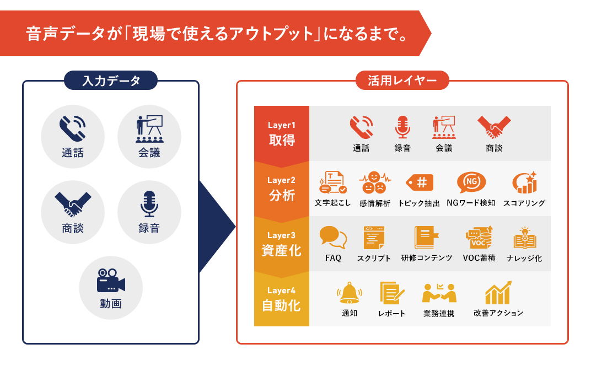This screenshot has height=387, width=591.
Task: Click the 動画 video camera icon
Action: click(111, 281)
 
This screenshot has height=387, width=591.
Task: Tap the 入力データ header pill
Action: click(111, 80)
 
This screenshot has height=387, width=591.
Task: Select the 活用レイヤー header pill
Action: click(402, 80)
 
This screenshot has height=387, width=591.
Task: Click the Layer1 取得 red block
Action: click(281, 133)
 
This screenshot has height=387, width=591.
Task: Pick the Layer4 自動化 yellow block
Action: click(281, 299)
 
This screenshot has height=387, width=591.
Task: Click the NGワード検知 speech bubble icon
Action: click(471, 182)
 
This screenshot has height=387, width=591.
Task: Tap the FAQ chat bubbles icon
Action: click(333, 238)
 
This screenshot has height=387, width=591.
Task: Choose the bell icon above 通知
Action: click(350, 293)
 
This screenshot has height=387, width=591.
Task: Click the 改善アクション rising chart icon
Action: click(498, 293)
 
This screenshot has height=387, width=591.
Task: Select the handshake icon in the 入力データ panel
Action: click(73, 205)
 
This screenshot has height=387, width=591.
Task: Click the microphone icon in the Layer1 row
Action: click(402, 127)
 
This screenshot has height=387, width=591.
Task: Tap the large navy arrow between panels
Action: click(217, 226)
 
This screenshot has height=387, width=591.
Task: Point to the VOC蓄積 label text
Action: click(479, 258)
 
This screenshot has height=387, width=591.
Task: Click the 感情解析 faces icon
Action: click(375, 182)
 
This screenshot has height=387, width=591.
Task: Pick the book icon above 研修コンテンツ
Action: click(426, 238)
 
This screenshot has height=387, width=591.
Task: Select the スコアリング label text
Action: click(524, 203)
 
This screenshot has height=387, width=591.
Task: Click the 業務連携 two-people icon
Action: click(439, 293)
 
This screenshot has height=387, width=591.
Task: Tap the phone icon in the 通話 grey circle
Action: click(73, 128)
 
